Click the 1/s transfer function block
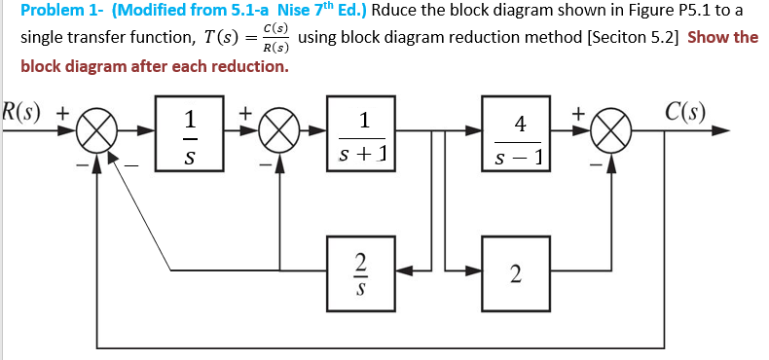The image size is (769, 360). point(191,136)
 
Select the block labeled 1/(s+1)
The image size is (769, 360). point(363,136)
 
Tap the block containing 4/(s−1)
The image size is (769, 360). point(520,137)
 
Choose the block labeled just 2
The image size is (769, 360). point(516,273)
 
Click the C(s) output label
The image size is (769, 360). point(686,108)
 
